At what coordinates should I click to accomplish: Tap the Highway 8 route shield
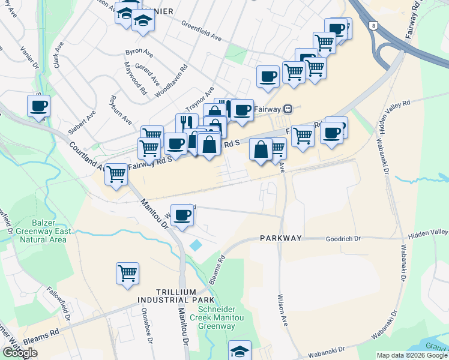375,26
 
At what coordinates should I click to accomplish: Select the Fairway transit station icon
288,109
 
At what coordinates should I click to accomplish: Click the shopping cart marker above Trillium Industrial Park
127,274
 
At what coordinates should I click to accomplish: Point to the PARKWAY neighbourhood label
281,238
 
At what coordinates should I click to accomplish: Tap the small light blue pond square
196,245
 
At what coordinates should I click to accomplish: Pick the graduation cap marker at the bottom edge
240,350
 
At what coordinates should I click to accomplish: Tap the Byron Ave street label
139,53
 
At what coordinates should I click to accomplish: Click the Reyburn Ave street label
121,109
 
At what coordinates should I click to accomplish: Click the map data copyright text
411,355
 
